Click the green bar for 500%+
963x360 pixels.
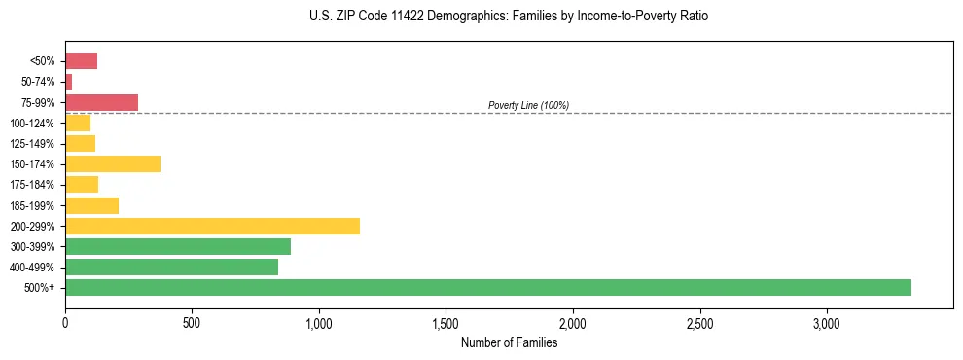[487, 287]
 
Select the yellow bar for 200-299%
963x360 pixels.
[212, 226]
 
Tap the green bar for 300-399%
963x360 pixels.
[178, 246]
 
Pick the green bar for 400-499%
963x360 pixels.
[171, 267]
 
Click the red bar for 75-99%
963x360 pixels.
[101, 102]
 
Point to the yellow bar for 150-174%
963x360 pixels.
[113, 163]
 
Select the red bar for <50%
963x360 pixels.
[81, 61]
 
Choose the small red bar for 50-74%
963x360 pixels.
[69, 82]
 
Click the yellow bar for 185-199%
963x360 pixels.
[91, 205]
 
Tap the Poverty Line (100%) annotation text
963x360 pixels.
[528, 105]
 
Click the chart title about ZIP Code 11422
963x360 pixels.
[481, 17]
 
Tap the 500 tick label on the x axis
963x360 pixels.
[192, 322]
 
